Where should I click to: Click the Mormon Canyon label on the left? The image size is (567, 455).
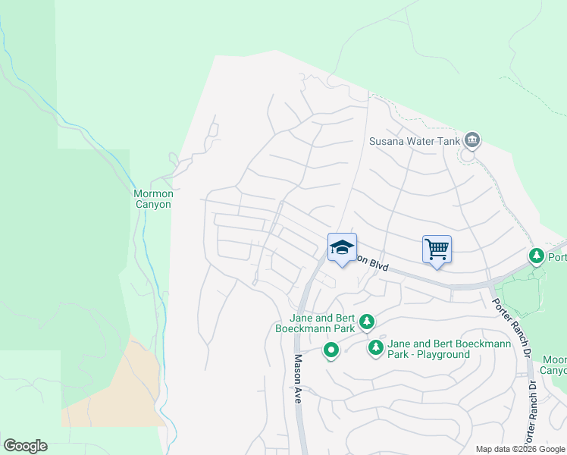153,199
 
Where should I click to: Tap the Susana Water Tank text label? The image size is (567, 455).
415,140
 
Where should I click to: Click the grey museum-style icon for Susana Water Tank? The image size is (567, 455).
472,140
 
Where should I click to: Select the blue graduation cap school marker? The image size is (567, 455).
342,247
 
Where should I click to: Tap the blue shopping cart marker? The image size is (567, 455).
437,249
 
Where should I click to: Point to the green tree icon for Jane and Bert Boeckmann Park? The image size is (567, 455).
366,322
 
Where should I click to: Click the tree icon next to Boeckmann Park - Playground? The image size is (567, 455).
375,348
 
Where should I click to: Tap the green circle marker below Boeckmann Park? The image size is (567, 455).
330,351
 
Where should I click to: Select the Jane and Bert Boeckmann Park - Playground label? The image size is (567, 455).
440,349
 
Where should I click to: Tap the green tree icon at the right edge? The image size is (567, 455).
537,256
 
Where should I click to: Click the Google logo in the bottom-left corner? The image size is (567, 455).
25,446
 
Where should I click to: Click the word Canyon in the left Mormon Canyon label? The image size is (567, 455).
153,204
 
